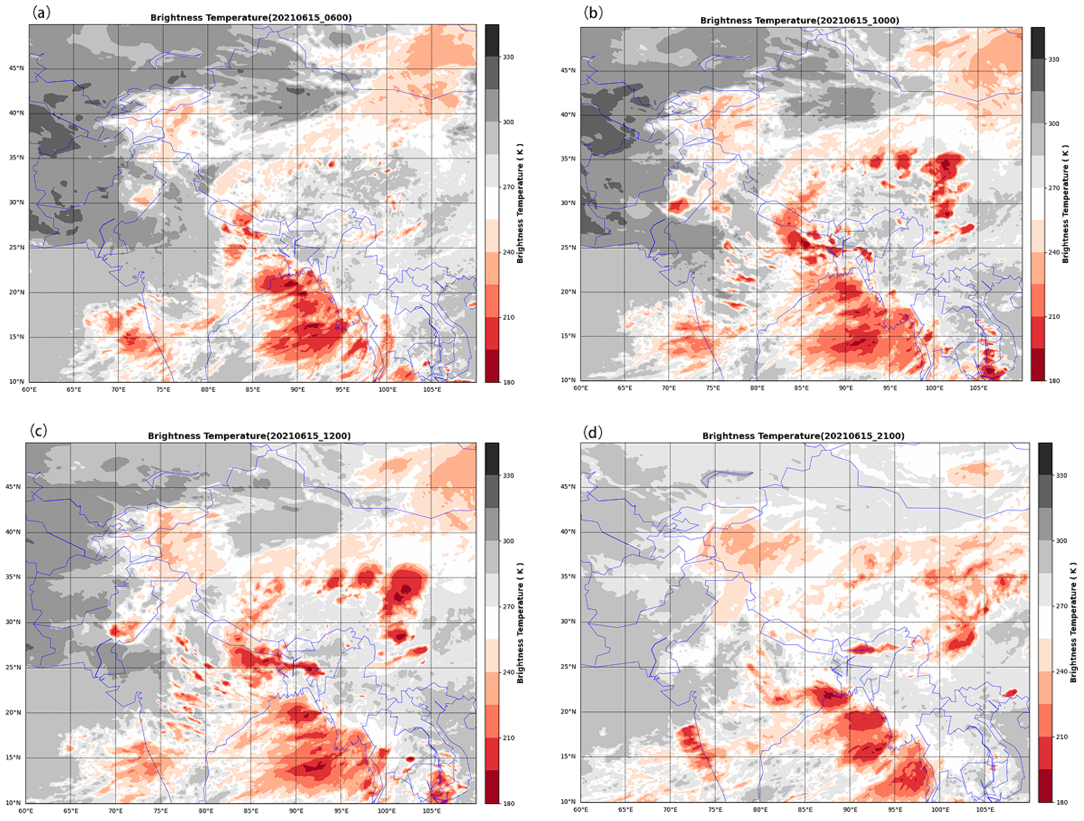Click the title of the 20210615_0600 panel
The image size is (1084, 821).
pyautogui.click(x=251, y=18)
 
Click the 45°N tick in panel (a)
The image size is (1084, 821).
pyautogui.click(x=16, y=68)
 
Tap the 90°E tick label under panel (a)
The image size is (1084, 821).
pyautogui.click(x=297, y=389)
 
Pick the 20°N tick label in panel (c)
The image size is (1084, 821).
pyautogui.click(x=13, y=712)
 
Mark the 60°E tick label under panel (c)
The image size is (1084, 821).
pyautogui.click(x=26, y=811)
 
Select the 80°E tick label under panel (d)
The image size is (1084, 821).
pyautogui.click(x=760, y=809)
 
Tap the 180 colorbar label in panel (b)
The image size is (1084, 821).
pyautogui.click(x=1054, y=381)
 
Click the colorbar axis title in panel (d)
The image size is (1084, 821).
pyautogui.click(x=1073, y=622)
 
